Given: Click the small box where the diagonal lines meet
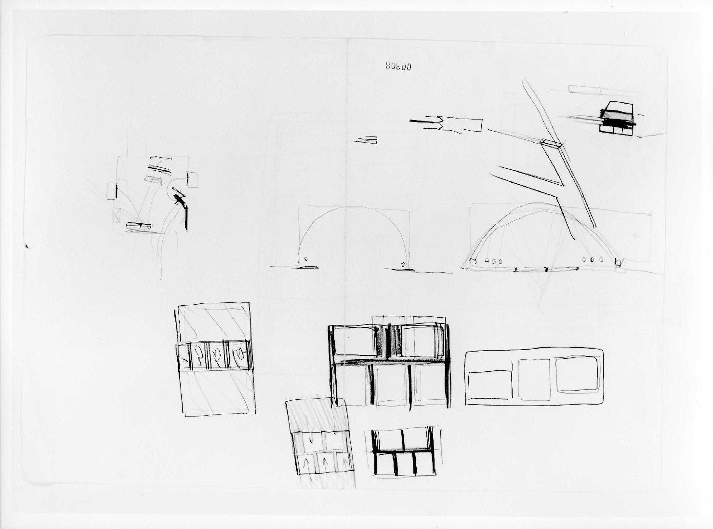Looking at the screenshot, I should [x=550, y=143].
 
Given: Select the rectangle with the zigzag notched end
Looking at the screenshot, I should [x=462, y=124].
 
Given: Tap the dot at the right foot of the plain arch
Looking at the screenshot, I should [x=403, y=264].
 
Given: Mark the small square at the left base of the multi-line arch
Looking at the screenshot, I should [x=473, y=261].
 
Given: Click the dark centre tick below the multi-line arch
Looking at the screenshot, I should [x=546, y=269].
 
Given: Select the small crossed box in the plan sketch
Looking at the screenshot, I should [x=117, y=214].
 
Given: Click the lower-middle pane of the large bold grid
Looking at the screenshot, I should [x=391, y=384].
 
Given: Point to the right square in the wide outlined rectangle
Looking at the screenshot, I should [x=577, y=373].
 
